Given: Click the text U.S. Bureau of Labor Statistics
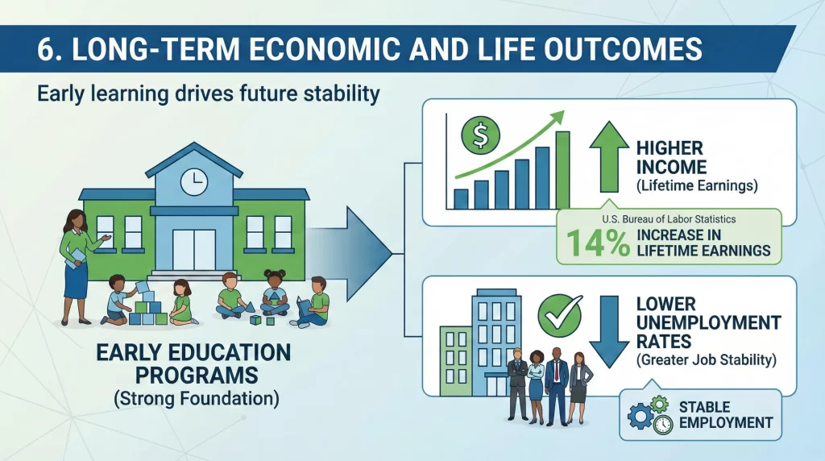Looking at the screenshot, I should point(668,219).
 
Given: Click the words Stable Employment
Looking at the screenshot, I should point(725,414).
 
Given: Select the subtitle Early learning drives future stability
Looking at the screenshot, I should point(208,94).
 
